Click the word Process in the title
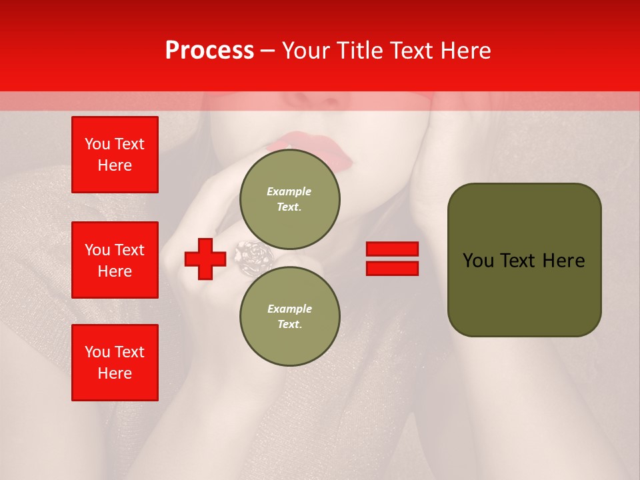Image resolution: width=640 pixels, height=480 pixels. coord(209,50)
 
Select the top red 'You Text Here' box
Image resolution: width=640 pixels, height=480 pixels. coord(115,155)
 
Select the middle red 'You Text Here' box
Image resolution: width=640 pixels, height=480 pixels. coord(115,260)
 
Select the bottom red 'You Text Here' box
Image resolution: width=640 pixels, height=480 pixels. coord(115,363)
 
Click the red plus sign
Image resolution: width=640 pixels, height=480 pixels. coord(205,259)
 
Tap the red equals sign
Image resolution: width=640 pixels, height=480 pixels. coord(392,259)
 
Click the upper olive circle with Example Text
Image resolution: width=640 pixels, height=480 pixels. coord(290,199)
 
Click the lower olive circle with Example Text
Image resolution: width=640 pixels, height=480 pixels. coord(290,316)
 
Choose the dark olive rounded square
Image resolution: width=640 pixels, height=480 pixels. coord(524,260)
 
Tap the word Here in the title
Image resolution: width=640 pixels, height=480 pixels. coord(469,50)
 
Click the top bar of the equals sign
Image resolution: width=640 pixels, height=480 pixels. coord(392,249)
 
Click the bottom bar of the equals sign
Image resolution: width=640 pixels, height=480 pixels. coord(392,268)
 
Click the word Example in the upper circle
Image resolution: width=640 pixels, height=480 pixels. coord(289,191)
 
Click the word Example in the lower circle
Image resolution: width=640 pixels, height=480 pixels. coord(289,309)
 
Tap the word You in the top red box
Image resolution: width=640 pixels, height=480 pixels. coord(97,144)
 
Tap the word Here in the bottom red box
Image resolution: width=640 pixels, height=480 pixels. coord(115,373)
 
